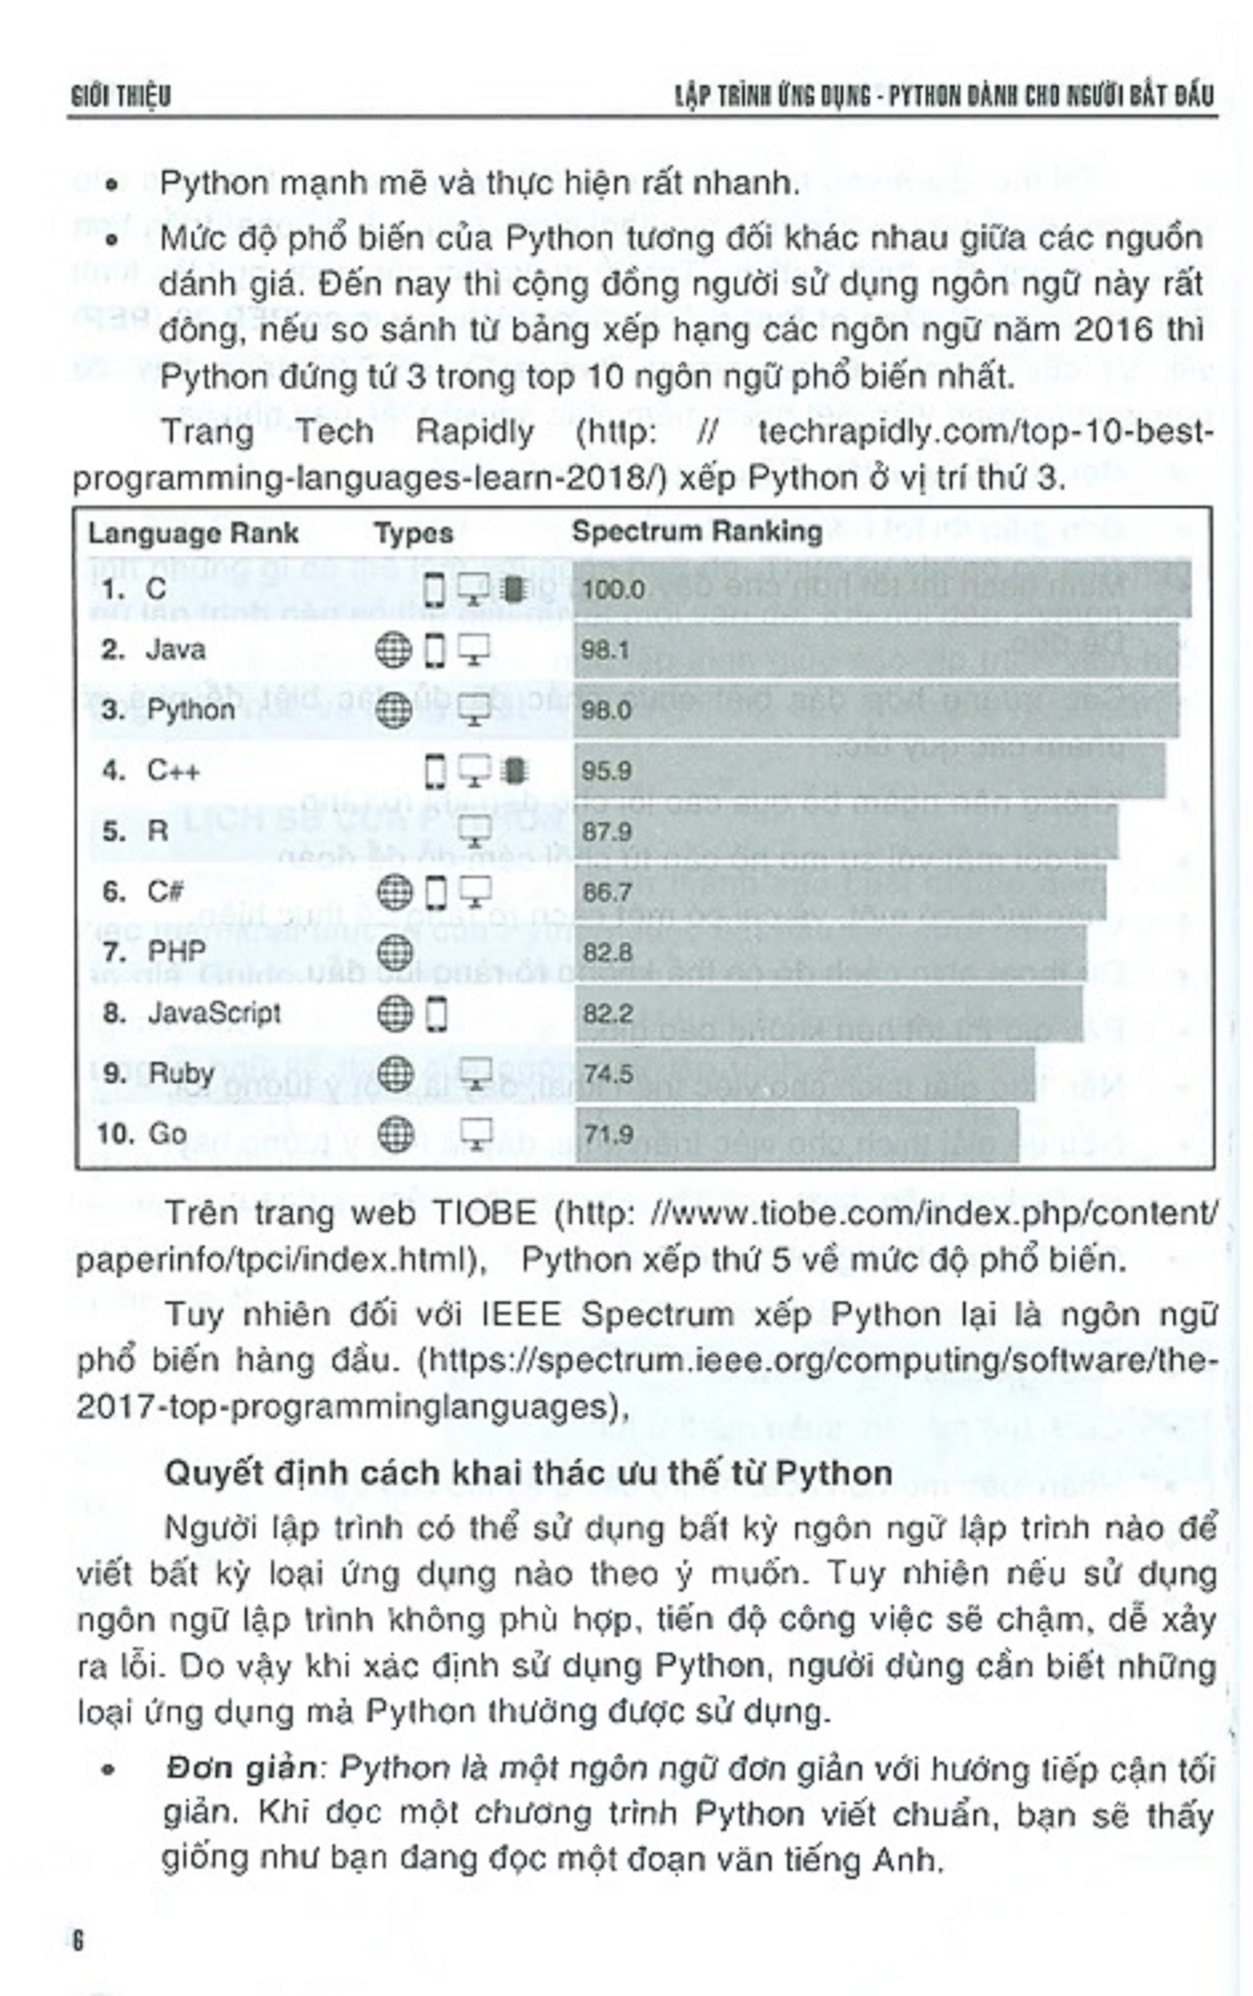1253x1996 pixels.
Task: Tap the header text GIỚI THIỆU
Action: click(x=121, y=96)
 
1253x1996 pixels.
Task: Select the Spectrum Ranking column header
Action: click(x=696, y=531)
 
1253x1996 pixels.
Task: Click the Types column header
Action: click(x=413, y=533)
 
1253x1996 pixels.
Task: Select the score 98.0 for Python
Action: click(x=606, y=711)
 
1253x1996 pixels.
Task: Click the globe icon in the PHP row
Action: click(x=394, y=952)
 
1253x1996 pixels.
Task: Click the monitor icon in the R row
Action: click(x=475, y=830)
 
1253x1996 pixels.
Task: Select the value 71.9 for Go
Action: click(x=608, y=1134)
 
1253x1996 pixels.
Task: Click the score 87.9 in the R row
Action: click(x=607, y=831)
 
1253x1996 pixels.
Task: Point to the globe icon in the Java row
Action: click(x=394, y=650)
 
